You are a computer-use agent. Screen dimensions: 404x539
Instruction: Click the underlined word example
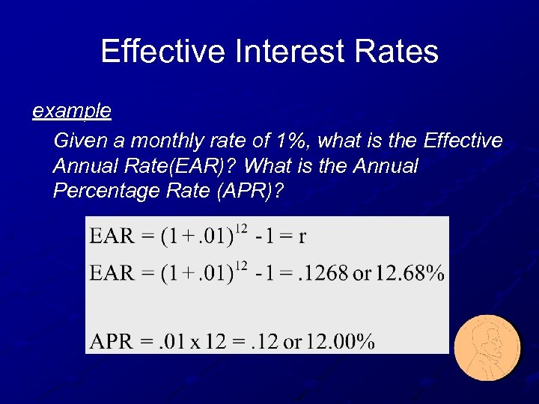tap(72, 111)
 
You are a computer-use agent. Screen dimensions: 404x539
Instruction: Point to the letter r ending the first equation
tap(302, 237)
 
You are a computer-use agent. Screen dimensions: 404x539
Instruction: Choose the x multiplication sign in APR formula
tap(193, 343)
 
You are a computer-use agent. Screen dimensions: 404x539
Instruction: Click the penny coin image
tap(487, 348)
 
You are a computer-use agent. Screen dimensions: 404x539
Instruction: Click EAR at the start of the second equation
tap(111, 272)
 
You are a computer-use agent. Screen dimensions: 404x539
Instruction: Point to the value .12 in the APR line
tap(264, 342)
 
